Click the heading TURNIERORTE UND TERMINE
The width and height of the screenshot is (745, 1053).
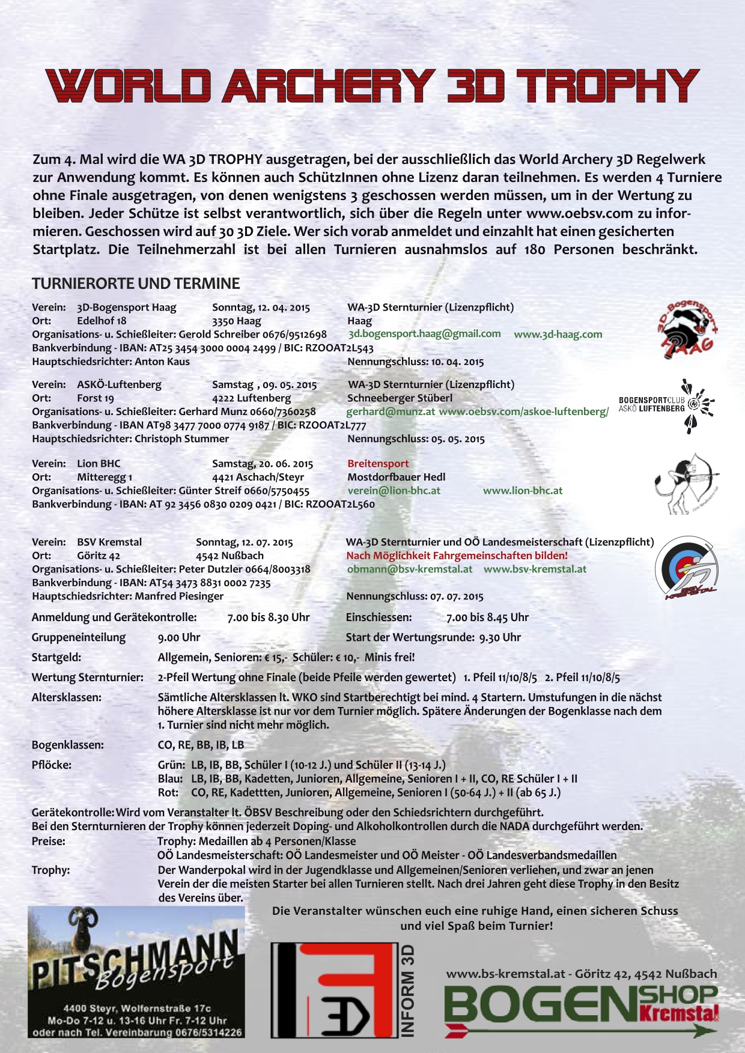pos(136,284)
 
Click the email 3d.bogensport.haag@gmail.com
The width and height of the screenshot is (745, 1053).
pos(424,334)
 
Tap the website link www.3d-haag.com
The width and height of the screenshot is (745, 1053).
pos(558,335)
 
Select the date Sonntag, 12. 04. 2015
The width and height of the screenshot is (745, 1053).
pos(261,308)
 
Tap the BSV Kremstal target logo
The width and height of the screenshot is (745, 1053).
pos(686,568)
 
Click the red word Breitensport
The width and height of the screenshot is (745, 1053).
pos(378,464)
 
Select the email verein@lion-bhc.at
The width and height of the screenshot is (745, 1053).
pos(394,491)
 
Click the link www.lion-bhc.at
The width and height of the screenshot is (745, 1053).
pos(523,491)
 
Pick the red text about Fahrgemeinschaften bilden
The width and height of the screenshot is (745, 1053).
pos(457,556)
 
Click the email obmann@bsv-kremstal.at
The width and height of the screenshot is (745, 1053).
pos(409,569)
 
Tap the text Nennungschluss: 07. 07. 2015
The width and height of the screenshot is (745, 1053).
pos(415,596)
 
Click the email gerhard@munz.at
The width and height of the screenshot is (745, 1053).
pos(391,412)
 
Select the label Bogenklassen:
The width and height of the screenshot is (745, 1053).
pos(67,745)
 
